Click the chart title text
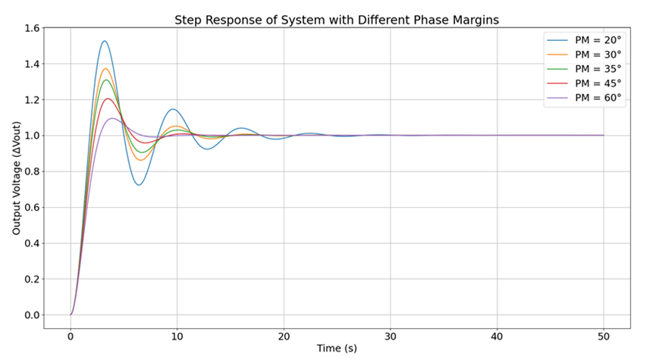[x=337, y=20]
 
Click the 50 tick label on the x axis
[x=604, y=337]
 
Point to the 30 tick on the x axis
[x=391, y=337]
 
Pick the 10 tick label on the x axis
[x=177, y=337]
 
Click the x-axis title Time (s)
[x=337, y=349]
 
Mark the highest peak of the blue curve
[x=105, y=41]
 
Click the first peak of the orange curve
[x=105, y=69]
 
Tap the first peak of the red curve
[x=108, y=99]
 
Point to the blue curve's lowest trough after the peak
[x=139, y=185]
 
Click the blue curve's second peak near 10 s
[x=173, y=109]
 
